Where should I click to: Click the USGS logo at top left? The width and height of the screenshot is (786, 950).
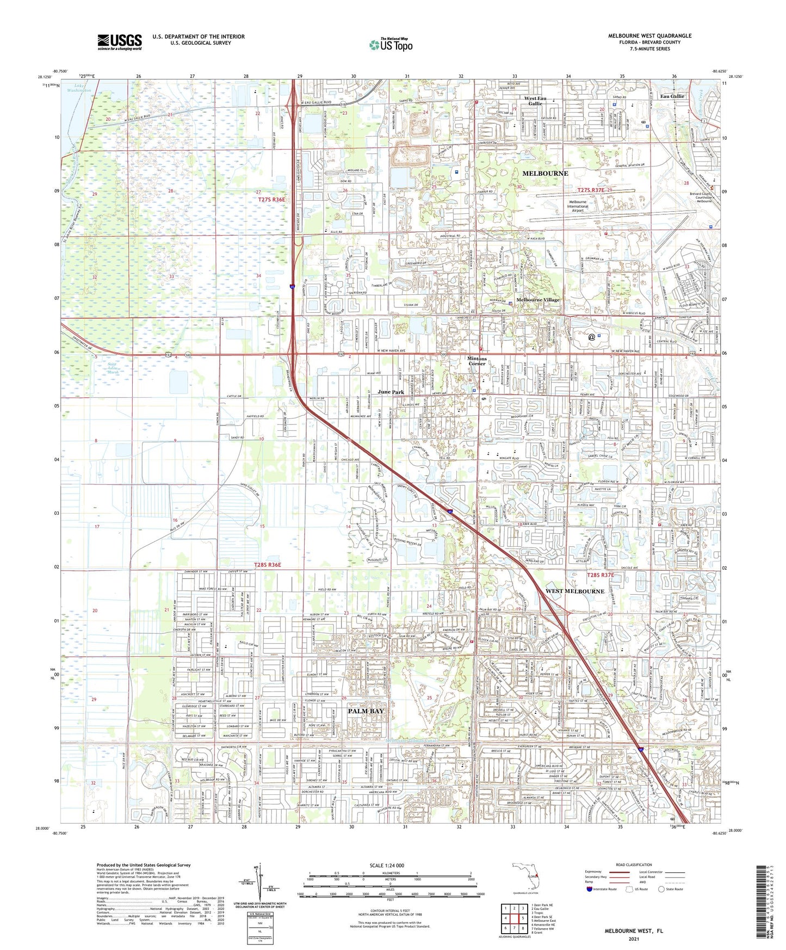[119, 42]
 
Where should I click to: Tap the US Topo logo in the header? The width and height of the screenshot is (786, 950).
[391, 45]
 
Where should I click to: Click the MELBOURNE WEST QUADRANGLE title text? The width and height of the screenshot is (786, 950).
[649, 36]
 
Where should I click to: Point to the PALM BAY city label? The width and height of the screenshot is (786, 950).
[366, 711]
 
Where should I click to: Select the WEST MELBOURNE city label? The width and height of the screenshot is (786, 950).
[574, 591]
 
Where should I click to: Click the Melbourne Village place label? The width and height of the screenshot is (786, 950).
[537, 300]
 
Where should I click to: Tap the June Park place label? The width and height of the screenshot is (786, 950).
[391, 392]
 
